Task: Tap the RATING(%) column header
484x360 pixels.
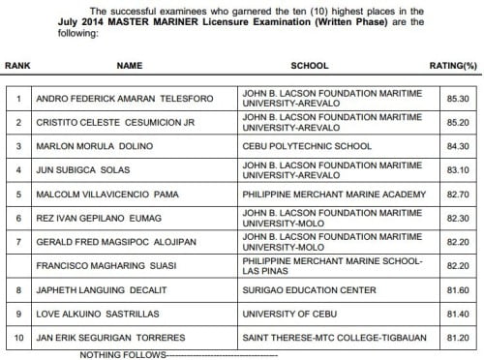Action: click(451, 66)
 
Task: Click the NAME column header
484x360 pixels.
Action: click(130, 66)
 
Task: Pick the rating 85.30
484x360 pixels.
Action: click(449, 99)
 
